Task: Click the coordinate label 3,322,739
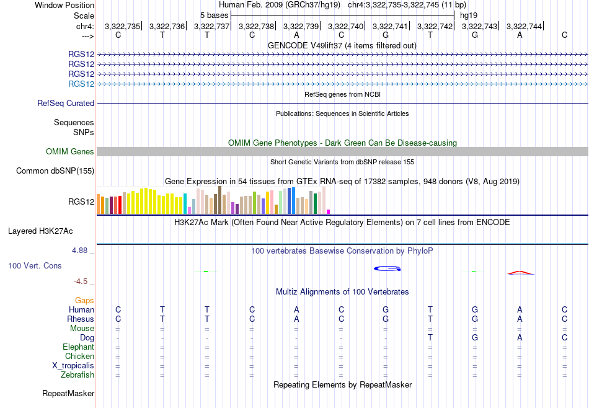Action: click(x=301, y=26)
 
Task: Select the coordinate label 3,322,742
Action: click(x=435, y=26)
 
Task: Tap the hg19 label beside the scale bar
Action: click(x=469, y=16)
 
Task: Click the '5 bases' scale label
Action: click(x=214, y=16)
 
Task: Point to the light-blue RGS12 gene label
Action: click(x=81, y=84)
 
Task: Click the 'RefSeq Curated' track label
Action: click(x=66, y=104)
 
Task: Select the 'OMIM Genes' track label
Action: click(x=70, y=151)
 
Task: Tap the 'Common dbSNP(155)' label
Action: click(x=55, y=171)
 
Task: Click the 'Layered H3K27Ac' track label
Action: click(x=40, y=231)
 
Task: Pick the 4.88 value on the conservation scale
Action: click(x=79, y=251)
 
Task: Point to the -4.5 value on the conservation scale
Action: click(x=81, y=282)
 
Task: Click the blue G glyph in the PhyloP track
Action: click(x=387, y=268)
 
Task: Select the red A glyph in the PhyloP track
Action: click(x=520, y=273)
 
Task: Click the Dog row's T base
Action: click(x=430, y=338)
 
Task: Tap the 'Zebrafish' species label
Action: click(x=77, y=375)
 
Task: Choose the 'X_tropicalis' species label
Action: click(x=73, y=366)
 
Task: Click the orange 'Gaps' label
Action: click(x=84, y=300)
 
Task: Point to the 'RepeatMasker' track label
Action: click(x=68, y=393)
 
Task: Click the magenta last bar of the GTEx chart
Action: click(x=329, y=212)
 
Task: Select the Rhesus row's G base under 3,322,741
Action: click(x=386, y=319)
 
